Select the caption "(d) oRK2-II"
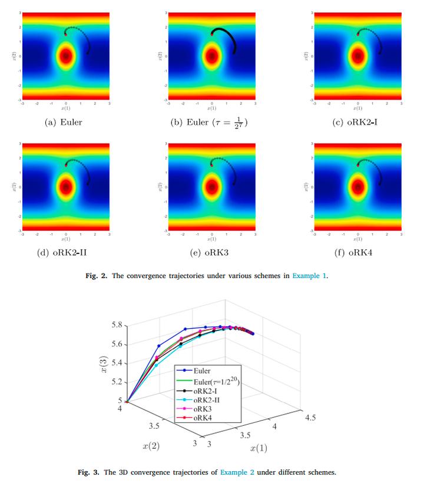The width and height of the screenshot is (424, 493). pyautogui.click(x=66, y=253)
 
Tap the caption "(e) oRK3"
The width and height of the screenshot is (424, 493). pyautogui.click(x=211, y=253)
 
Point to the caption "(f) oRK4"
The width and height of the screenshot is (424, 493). pyautogui.click(x=357, y=253)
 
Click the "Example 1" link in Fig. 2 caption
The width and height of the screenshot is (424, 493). pyautogui.click(x=309, y=275)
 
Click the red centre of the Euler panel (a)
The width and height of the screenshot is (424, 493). pyautogui.click(x=66, y=57)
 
